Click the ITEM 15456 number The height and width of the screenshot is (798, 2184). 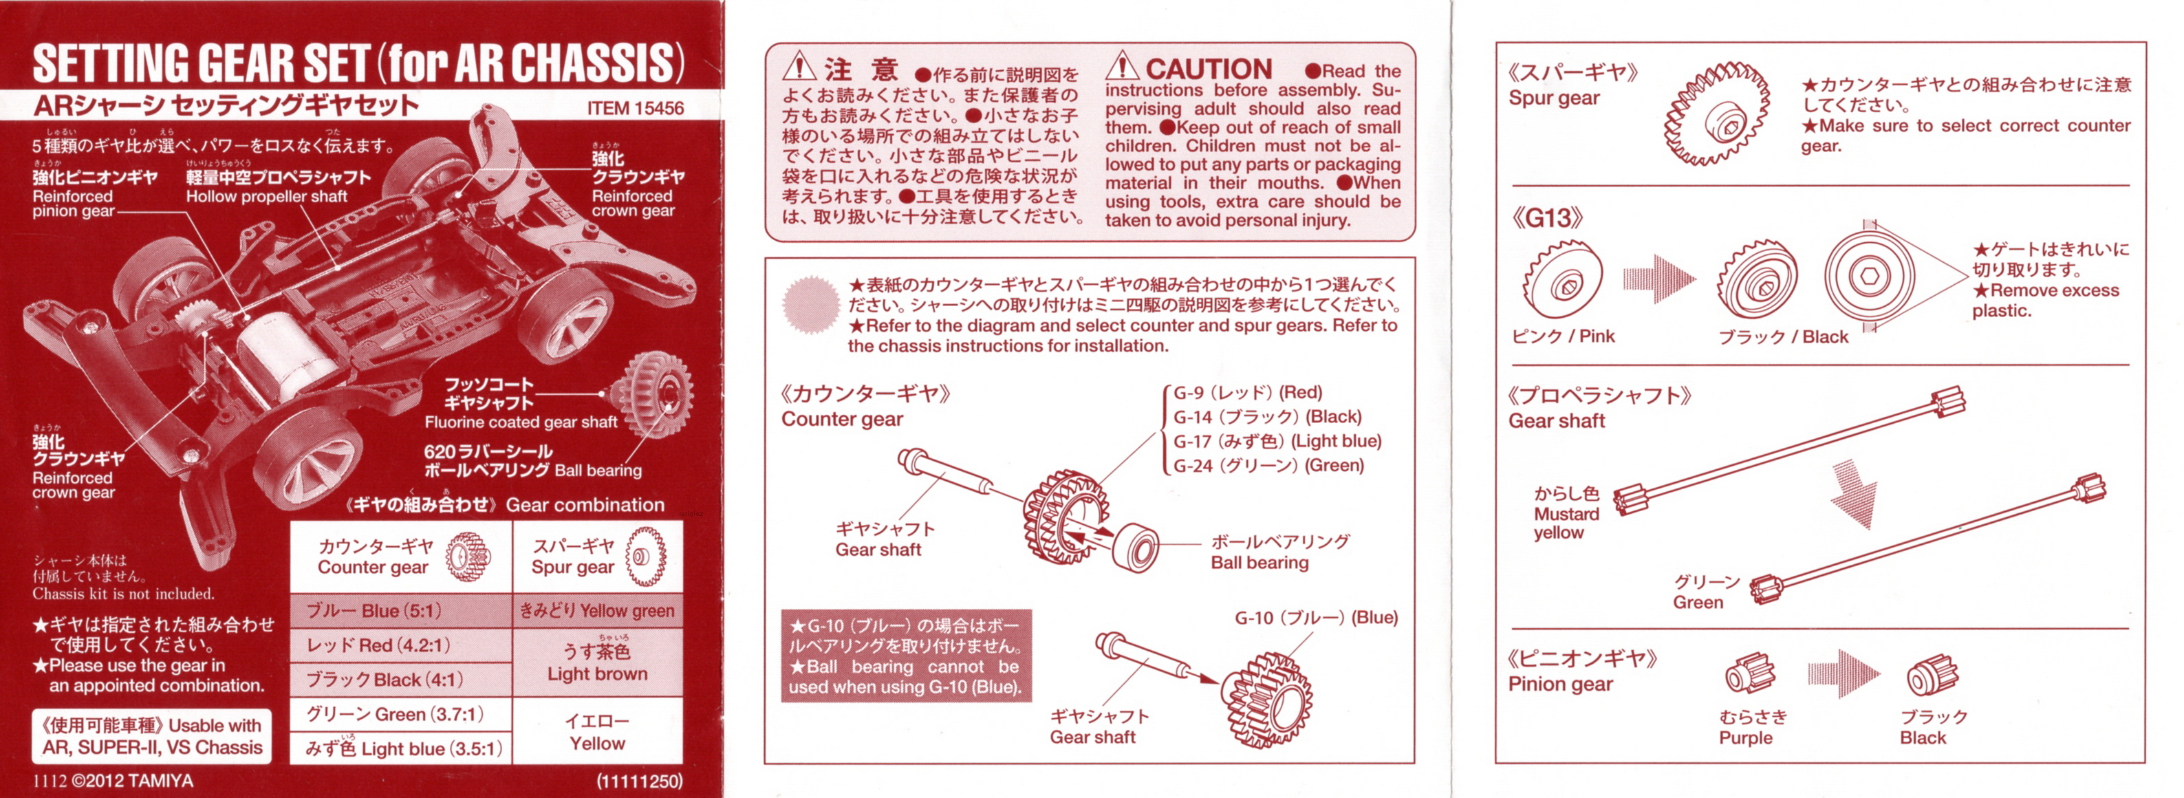coord(635,109)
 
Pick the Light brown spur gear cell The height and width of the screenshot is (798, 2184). coord(598,663)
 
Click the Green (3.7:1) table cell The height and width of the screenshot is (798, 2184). coord(401,714)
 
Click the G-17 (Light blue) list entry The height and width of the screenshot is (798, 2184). coord(1277,441)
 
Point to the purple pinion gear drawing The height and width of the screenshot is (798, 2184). coord(1750,675)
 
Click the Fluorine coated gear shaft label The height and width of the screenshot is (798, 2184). coord(521,422)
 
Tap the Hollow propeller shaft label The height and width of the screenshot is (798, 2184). coord(267,197)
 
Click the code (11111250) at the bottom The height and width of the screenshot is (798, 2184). coord(639,781)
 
